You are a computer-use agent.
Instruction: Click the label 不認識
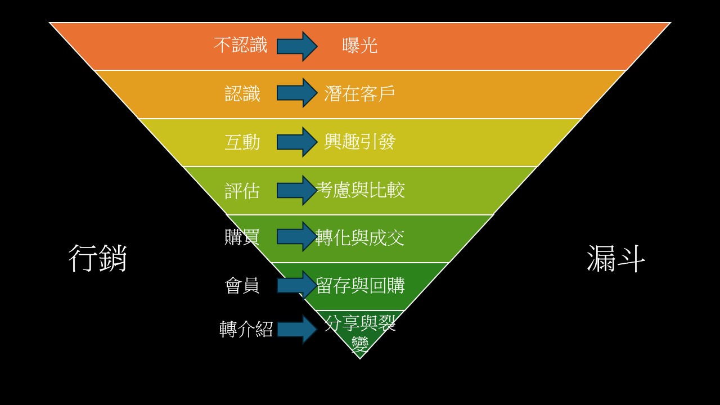241,46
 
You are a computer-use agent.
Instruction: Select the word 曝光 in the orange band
360,46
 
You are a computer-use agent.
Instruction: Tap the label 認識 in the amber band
242,93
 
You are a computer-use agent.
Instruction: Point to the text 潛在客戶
359,93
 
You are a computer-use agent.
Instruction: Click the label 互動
242,142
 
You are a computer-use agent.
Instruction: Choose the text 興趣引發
359,142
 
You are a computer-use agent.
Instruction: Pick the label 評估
242,190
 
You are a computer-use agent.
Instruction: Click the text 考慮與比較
361,190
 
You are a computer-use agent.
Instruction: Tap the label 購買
242,237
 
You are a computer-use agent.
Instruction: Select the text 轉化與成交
361,238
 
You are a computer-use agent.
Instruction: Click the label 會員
242,286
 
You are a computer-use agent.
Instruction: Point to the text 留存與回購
361,286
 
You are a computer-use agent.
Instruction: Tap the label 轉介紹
246,329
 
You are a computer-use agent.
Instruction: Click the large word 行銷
98,259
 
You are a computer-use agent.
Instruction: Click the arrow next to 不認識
297,46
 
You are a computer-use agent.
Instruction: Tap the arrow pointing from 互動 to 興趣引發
297,142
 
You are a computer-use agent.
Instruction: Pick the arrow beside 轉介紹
297,329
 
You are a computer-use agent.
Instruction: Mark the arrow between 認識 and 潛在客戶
297,93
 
